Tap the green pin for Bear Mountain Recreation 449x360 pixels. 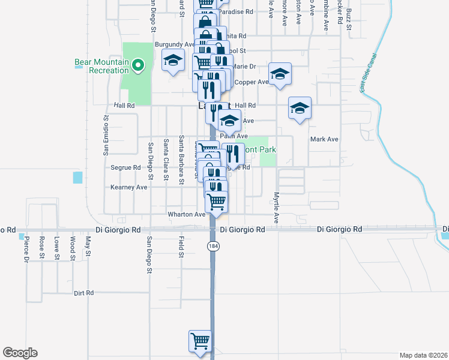137,65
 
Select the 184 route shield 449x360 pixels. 212,247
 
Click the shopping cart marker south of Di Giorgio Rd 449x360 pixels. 200,341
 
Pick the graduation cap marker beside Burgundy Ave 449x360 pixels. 173,60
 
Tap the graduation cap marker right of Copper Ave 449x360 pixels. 280,74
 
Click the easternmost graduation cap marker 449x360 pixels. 300,108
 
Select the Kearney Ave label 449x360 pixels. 128,187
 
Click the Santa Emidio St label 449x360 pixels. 105,140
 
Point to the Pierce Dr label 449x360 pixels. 26,249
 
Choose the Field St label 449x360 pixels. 181,247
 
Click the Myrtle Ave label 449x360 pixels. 277,207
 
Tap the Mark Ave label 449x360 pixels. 324,139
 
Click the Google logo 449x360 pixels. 20,353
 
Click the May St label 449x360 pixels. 88,245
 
